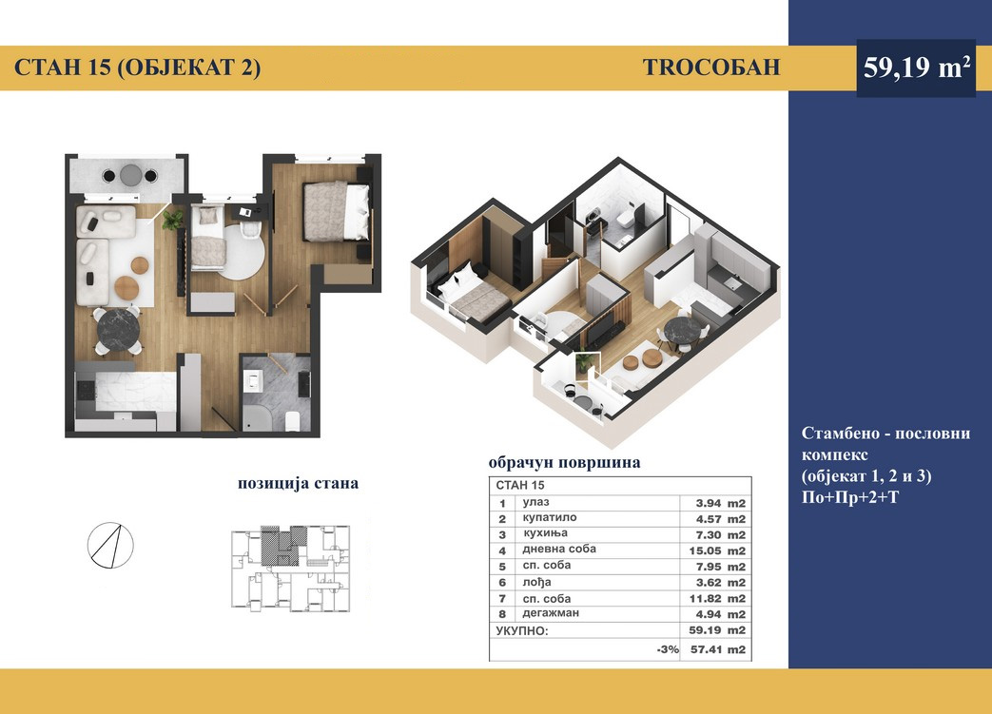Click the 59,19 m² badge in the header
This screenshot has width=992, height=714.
click(916, 68)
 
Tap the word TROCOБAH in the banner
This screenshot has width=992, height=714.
click(711, 68)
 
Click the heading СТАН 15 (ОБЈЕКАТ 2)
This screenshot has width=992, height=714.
click(137, 68)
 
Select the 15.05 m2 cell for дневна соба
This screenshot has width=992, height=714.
click(717, 550)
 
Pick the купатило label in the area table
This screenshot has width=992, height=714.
click(549, 518)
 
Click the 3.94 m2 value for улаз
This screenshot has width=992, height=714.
click(721, 503)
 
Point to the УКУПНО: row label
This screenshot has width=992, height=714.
click(522, 630)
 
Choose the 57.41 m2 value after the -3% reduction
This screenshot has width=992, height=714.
click(717, 649)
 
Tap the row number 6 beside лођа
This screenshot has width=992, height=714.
click(502, 583)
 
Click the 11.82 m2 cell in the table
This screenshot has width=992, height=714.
click(717, 598)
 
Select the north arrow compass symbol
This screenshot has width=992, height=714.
click(110, 545)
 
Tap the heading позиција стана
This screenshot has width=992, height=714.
click(298, 483)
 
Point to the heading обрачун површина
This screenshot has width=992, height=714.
click(564, 463)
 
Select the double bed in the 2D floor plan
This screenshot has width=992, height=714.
click(336, 211)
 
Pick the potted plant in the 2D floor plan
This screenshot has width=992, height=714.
click(172, 220)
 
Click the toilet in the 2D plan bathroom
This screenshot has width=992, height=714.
click(292, 420)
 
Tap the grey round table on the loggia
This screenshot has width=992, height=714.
click(131, 175)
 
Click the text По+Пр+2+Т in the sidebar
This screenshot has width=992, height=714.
click(849, 498)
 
